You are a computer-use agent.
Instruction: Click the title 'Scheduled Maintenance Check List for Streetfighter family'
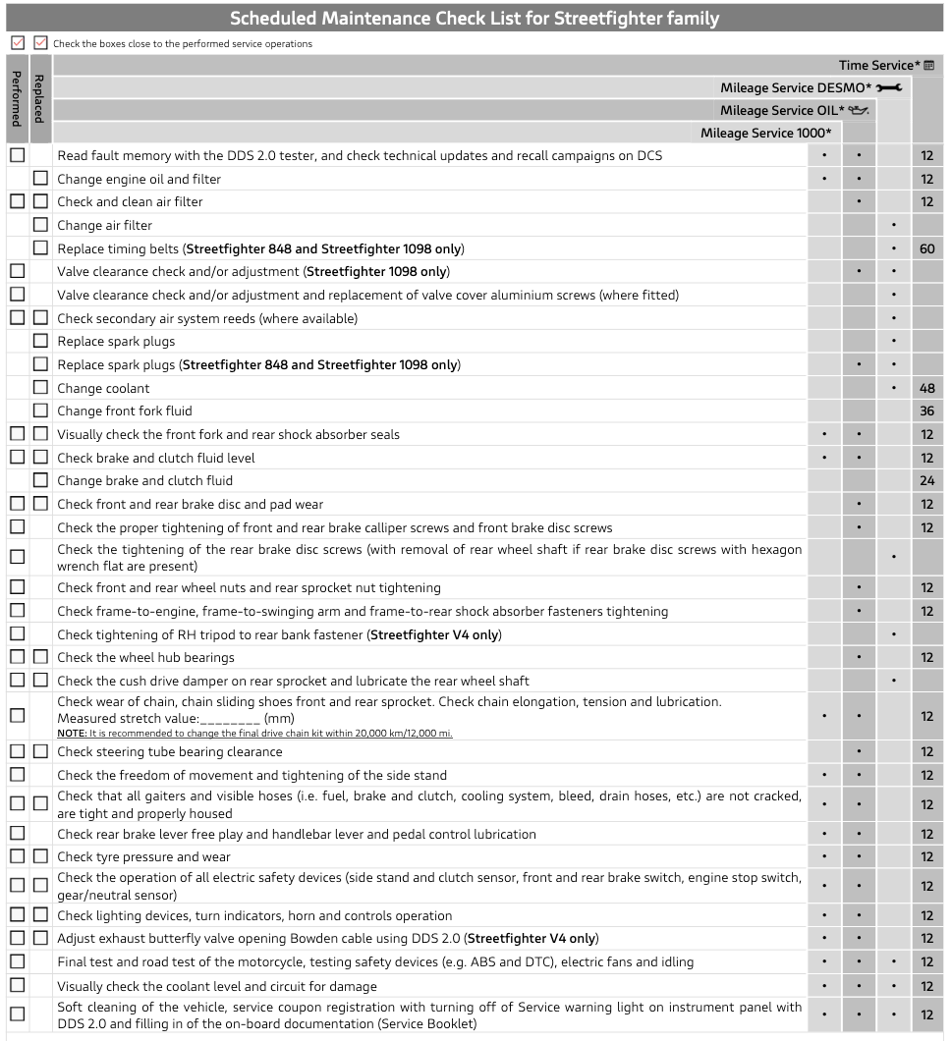tap(475, 19)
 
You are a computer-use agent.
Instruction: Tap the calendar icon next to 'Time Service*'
tap(928, 66)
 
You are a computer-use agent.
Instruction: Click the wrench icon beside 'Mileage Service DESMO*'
tap(889, 88)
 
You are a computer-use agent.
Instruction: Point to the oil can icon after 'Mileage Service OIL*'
tap(859, 110)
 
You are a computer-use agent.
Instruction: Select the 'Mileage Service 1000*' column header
tap(765, 133)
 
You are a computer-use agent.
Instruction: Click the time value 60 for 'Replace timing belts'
tap(926, 248)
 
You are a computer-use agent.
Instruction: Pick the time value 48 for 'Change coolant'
tap(926, 388)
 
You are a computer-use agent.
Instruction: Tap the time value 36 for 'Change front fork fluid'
tap(926, 411)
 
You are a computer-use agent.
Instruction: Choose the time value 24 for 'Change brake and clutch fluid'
tap(926, 481)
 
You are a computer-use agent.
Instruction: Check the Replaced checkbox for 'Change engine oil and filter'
tap(40, 179)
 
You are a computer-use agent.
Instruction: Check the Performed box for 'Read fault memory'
tap(17, 155)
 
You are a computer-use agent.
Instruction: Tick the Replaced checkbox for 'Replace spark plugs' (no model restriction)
tap(40, 341)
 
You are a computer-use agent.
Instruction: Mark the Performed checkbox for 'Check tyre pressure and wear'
tap(17, 856)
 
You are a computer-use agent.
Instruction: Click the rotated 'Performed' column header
tap(17, 98)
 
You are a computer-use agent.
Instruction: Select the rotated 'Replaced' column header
tap(40, 98)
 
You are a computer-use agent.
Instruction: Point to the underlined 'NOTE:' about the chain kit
tap(72, 734)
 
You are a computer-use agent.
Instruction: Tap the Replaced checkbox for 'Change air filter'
tap(40, 225)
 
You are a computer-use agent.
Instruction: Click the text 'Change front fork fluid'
tap(125, 411)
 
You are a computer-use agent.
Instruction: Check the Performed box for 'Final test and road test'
tap(17, 961)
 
